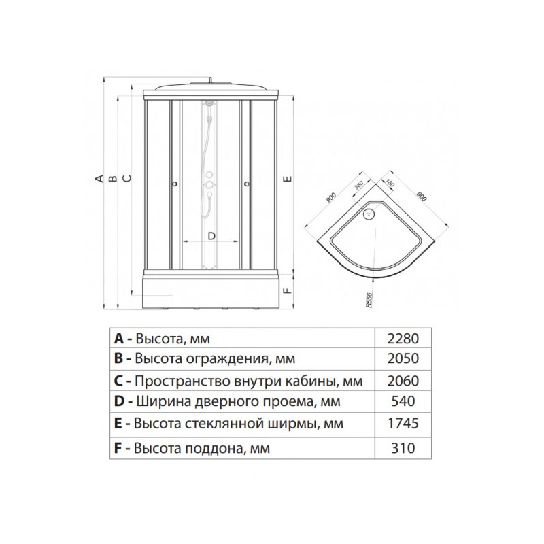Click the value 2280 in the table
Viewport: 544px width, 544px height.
(403, 338)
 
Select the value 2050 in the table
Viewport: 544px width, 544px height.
(403, 358)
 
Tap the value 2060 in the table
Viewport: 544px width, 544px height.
(403, 381)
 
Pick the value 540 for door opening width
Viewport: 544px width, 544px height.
(403, 401)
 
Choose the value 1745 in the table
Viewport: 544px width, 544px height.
(403, 423)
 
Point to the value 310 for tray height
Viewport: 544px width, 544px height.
(403, 448)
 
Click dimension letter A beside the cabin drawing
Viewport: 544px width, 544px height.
(99, 178)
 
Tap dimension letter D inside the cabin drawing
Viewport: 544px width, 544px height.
(211, 236)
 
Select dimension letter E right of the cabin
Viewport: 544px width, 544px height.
(287, 179)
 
